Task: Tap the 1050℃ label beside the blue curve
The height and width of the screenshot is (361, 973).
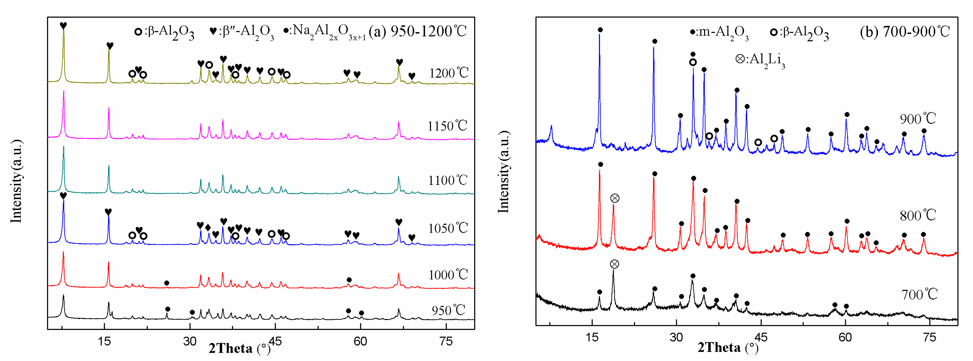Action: click(448, 228)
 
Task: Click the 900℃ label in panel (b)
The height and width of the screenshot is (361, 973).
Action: click(918, 119)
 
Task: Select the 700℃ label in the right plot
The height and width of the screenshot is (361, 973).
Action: click(919, 294)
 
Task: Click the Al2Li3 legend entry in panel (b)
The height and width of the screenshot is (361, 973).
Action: click(760, 60)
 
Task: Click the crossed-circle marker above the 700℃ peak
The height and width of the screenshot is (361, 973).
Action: click(614, 264)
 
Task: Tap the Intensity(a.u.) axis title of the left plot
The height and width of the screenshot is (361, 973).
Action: click(16, 181)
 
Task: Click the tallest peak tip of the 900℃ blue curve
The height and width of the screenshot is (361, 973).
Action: click(599, 35)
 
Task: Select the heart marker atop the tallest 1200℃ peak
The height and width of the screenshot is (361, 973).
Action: click(63, 26)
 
